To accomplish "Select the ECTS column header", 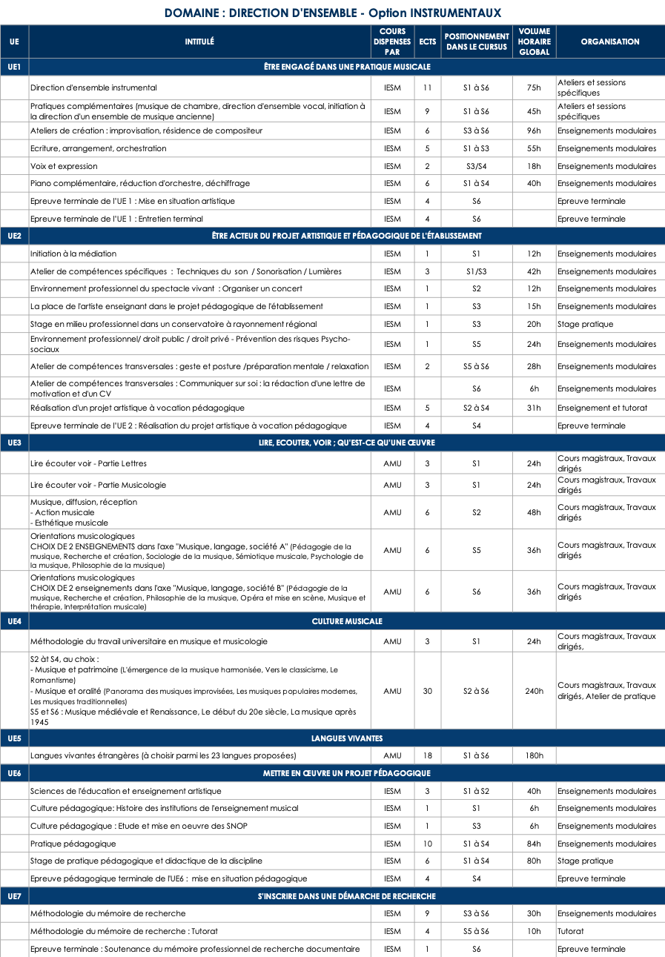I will click(x=427, y=42).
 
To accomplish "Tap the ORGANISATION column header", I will click(x=610, y=42).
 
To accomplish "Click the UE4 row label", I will click(x=14, y=621).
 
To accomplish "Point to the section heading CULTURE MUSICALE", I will click(x=347, y=621).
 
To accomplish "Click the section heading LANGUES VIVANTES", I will click(x=347, y=738).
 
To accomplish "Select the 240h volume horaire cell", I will click(x=534, y=691).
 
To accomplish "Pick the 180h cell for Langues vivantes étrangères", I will click(x=534, y=755).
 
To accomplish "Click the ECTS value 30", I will click(x=427, y=691).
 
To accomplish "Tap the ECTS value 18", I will click(x=427, y=755).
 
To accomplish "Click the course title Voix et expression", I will click(x=64, y=166).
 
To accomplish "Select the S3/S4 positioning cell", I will click(x=476, y=166).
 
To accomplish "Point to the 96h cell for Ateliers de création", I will click(x=534, y=130).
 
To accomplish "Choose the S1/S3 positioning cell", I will click(x=476, y=271).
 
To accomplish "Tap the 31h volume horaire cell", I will click(x=534, y=408).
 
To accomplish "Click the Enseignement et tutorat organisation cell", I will click(x=602, y=408).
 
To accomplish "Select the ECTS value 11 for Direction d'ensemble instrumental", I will click(x=427, y=87).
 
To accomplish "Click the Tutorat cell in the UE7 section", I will click(x=571, y=931).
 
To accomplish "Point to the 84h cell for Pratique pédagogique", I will click(x=534, y=844).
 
